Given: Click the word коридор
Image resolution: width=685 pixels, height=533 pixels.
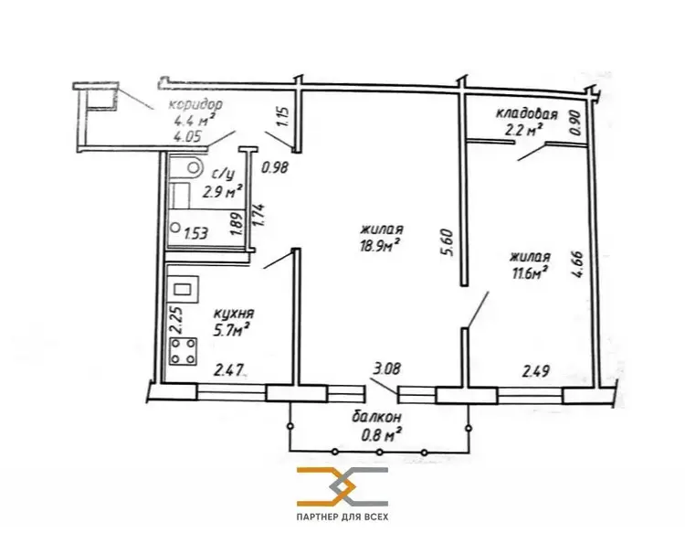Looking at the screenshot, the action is point(195,105).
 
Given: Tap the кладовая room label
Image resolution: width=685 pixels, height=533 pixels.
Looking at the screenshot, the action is point(526,114).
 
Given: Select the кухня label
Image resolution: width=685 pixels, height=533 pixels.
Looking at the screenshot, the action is point(234,313).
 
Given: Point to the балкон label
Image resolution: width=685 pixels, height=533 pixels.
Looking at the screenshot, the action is point(376,417).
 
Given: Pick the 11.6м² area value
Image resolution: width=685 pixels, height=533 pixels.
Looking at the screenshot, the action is point(530,273).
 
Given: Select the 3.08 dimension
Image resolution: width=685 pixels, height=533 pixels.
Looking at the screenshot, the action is point(385,368).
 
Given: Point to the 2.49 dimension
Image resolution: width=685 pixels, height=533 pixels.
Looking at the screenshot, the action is point(536,372).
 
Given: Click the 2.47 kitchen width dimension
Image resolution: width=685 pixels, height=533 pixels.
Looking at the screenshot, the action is point(228,371).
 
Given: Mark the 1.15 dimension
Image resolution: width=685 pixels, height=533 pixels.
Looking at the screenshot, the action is point(283,117).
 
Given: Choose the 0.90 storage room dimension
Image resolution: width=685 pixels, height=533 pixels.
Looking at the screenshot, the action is point(575,123).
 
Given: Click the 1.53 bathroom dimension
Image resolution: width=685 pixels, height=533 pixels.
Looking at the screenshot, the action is point(195,233).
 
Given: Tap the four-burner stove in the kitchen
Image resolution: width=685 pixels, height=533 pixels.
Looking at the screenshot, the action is point(183,352).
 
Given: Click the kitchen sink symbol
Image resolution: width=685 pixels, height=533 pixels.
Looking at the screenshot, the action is point(184,290).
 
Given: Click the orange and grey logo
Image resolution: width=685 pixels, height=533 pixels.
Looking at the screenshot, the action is point(342,486).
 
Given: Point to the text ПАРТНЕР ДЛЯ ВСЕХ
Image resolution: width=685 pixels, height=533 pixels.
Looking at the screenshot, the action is point(342,517).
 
